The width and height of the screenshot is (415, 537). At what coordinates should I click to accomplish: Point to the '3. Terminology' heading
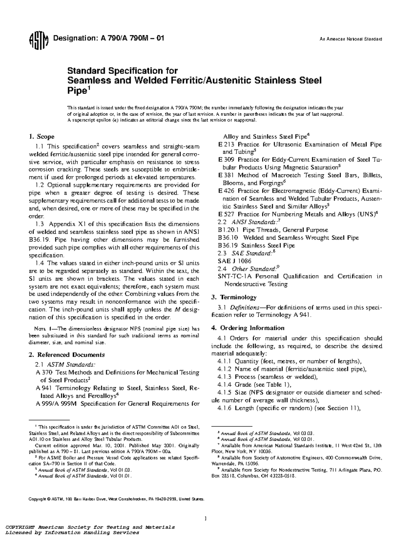[x=234, y=297]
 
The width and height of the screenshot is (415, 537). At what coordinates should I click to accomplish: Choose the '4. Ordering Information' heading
[x=248, y=328]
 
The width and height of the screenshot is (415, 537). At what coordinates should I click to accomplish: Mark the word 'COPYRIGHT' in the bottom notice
[x=18, y=527]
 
